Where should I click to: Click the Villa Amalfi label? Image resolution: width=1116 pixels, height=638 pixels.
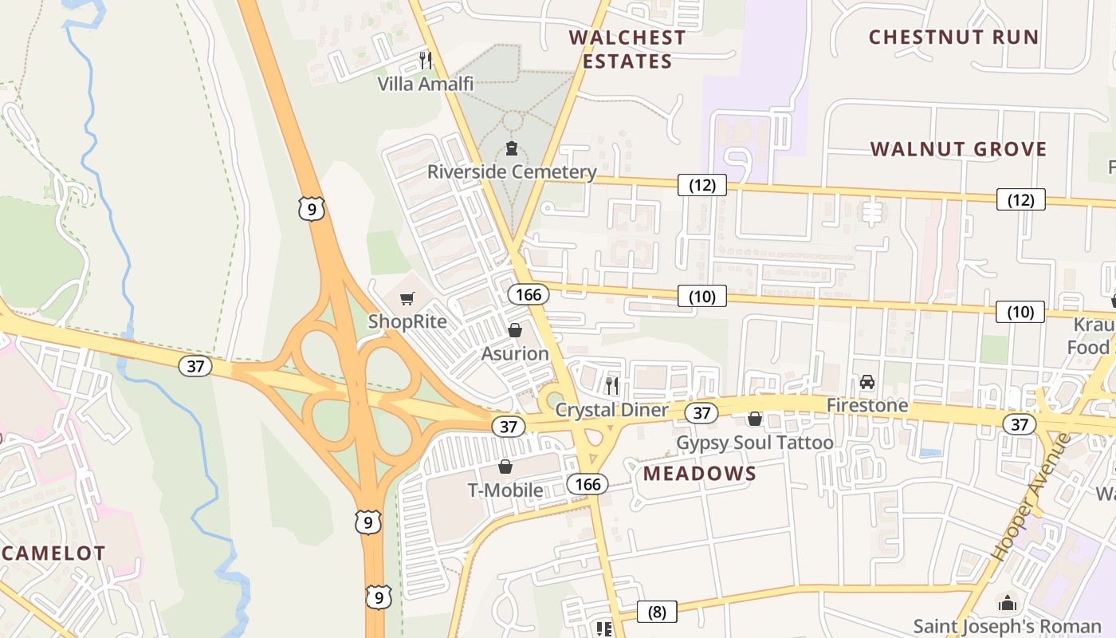[x=426, y=84]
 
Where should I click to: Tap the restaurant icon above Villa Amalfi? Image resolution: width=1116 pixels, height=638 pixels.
[x=426, y=60]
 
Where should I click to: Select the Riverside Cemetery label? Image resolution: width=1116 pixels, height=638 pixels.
[x=512, y=171]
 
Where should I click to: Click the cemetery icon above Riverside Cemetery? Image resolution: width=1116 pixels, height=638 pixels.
[x=512, y=148]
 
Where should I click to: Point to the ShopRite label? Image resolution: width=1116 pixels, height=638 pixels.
[x=407, y=321]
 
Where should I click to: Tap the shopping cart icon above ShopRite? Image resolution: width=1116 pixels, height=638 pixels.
[x=407, y=299]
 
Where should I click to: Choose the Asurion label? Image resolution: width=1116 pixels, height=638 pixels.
[x=515, y=353]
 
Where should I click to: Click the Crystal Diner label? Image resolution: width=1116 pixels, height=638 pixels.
[x=611, y=410]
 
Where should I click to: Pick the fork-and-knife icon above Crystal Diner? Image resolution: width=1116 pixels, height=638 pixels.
[x=611, y=386]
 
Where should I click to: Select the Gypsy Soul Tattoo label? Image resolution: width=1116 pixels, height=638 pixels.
[x=755, y=443]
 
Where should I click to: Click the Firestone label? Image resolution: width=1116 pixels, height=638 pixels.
[x=867, y=405]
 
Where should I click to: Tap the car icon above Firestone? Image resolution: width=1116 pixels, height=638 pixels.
[x=867, y=382]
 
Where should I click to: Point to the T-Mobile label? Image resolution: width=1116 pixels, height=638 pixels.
[x=505, y=490]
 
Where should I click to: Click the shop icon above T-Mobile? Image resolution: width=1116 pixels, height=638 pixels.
[x=505, y=467]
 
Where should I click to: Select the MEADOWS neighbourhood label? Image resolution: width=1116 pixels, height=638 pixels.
[x=700, y=474]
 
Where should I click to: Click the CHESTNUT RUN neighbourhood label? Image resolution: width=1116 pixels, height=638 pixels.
[x=953, y=37]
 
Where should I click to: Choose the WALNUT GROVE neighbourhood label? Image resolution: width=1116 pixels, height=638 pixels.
[x=959, y=149]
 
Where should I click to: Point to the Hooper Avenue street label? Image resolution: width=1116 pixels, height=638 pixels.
[x=1032, y=497]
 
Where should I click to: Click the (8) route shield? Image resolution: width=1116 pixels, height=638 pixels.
[x=657, y=612]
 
